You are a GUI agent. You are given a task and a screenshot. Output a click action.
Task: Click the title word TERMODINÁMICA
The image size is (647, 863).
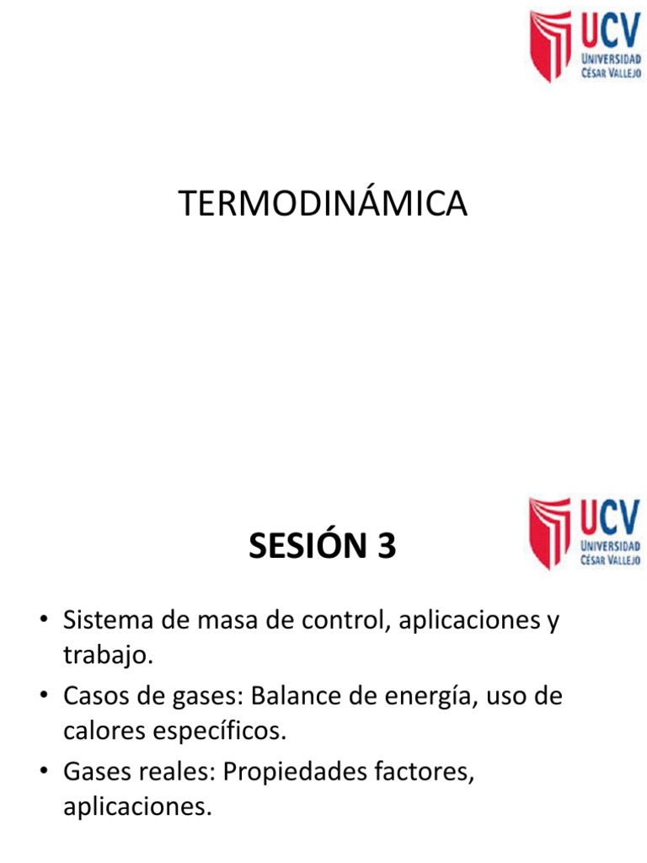(323, 205)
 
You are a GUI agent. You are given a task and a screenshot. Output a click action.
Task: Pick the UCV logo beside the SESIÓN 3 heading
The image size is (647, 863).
(586, 533)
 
